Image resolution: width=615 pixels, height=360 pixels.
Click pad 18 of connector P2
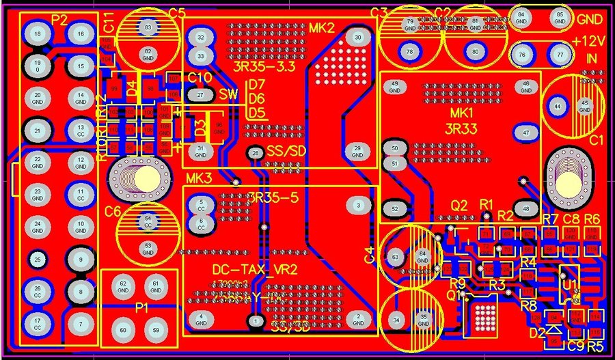(38, 33)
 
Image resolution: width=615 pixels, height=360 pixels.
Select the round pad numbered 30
(357, 38)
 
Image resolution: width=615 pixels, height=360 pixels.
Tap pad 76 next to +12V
(523, 55)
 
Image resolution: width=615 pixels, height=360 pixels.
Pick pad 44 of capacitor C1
(558, 107)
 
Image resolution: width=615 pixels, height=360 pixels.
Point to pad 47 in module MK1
(525, 132)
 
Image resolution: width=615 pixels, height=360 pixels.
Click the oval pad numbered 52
(394, 209)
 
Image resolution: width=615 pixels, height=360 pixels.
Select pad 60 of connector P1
(123, 331)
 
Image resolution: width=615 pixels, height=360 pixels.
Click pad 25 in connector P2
(38, 259)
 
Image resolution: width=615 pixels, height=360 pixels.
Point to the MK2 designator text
(322, 28)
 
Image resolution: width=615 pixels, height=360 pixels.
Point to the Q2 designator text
(458, 205)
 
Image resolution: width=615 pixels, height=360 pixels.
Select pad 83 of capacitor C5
(148, 27)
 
